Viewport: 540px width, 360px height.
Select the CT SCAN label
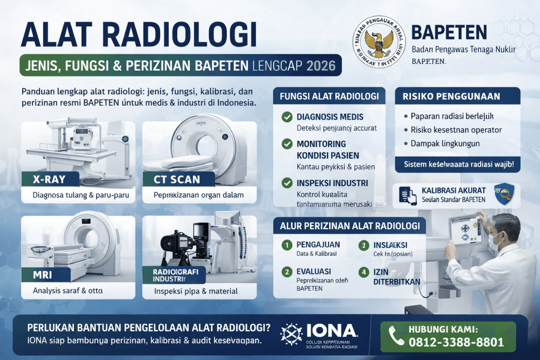tap(177, 179)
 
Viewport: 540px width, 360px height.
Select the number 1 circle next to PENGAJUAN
tap(287, 245)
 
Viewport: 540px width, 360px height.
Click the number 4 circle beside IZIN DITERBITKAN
tap(363, 273)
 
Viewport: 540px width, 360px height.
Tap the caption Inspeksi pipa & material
tap(196, 291)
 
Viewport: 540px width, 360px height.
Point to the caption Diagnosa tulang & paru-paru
tap(77, 196)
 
